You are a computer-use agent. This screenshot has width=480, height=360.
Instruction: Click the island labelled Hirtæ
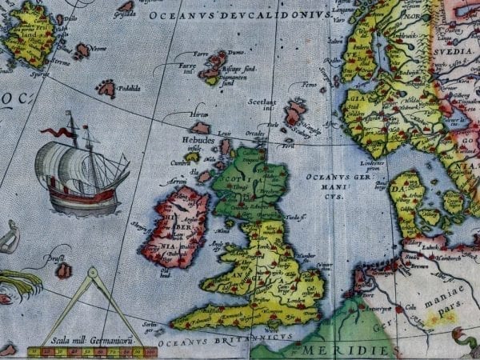[x=200, y=126]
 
